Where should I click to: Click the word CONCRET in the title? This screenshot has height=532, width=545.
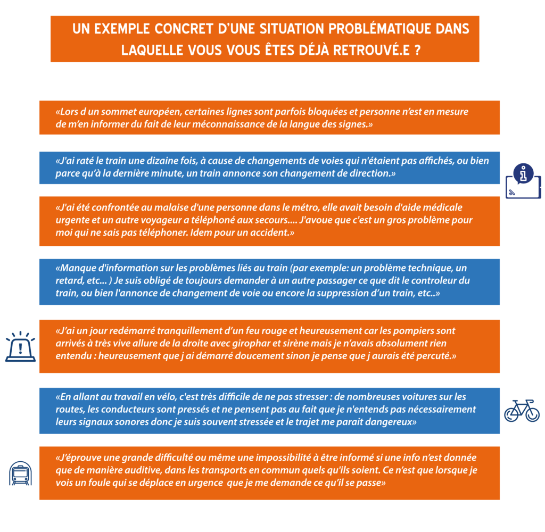[183, 29]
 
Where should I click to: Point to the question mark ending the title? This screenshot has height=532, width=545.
[417, 51]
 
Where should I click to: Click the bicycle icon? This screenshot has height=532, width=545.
[522, 411]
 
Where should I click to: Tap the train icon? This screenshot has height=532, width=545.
[21, 473]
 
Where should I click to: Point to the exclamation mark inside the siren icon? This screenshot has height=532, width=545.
[21, 348]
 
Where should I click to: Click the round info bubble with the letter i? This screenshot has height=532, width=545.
[523, 173]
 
